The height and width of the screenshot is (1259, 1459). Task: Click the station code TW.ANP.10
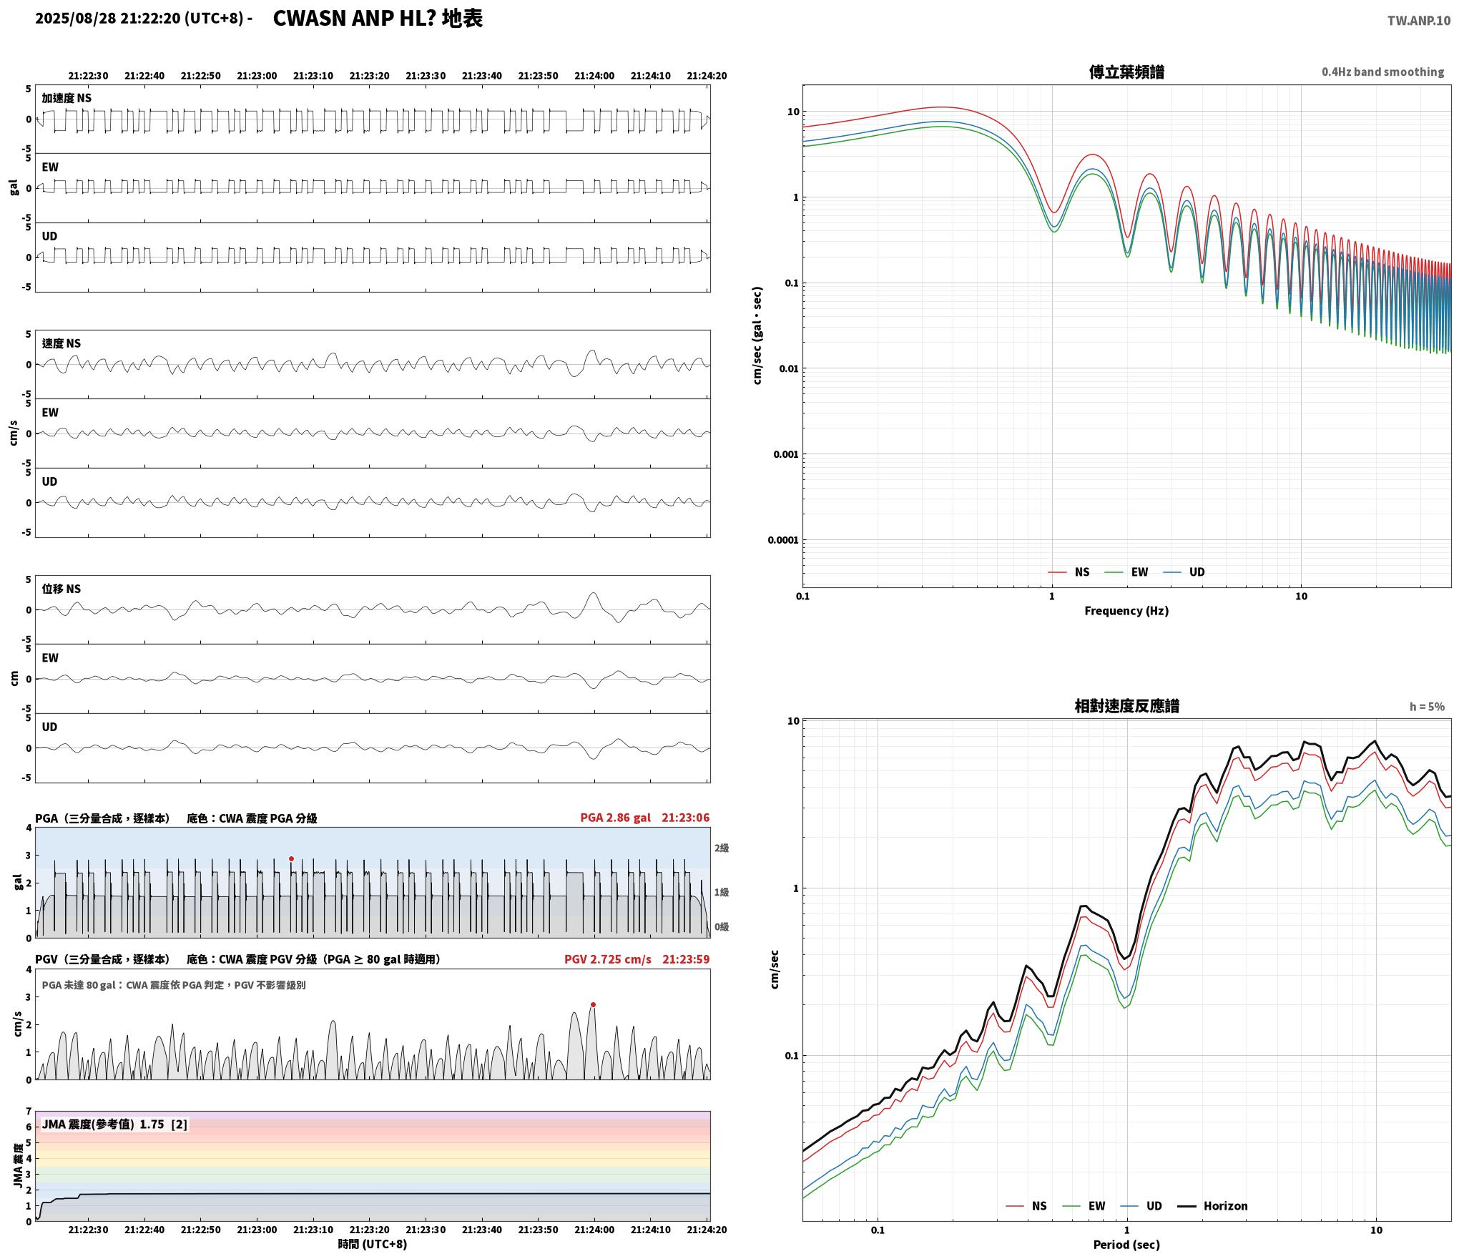(1419, 21)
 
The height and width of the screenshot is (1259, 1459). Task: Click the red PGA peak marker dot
(291, 858)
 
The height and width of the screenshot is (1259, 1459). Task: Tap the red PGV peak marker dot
(593, 1004)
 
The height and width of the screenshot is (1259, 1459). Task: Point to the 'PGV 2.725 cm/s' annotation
(608, 959)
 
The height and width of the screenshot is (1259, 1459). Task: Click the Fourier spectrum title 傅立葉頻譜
(1126, 72)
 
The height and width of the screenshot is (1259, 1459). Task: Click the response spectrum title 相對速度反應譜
(1126, 705)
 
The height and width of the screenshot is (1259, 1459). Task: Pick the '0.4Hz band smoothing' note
(1382, 72)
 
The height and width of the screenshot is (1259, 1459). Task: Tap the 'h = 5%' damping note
(1427, 706)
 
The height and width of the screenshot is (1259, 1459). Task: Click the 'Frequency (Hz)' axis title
(1126, 610)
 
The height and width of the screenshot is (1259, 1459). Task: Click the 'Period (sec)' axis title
(1126, 1245)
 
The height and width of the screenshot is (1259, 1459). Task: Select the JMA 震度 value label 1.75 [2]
(163, 1124)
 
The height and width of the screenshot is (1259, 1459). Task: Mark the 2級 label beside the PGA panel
(722, 848)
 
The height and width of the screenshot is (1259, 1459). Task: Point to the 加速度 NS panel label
(67, 98)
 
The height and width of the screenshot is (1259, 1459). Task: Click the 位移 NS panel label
(62, 589)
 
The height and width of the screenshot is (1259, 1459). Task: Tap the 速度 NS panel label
(62, 343)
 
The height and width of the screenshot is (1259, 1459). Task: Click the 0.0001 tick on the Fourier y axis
(782, 540)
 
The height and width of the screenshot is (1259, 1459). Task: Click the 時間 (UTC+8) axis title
(373, 1244)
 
